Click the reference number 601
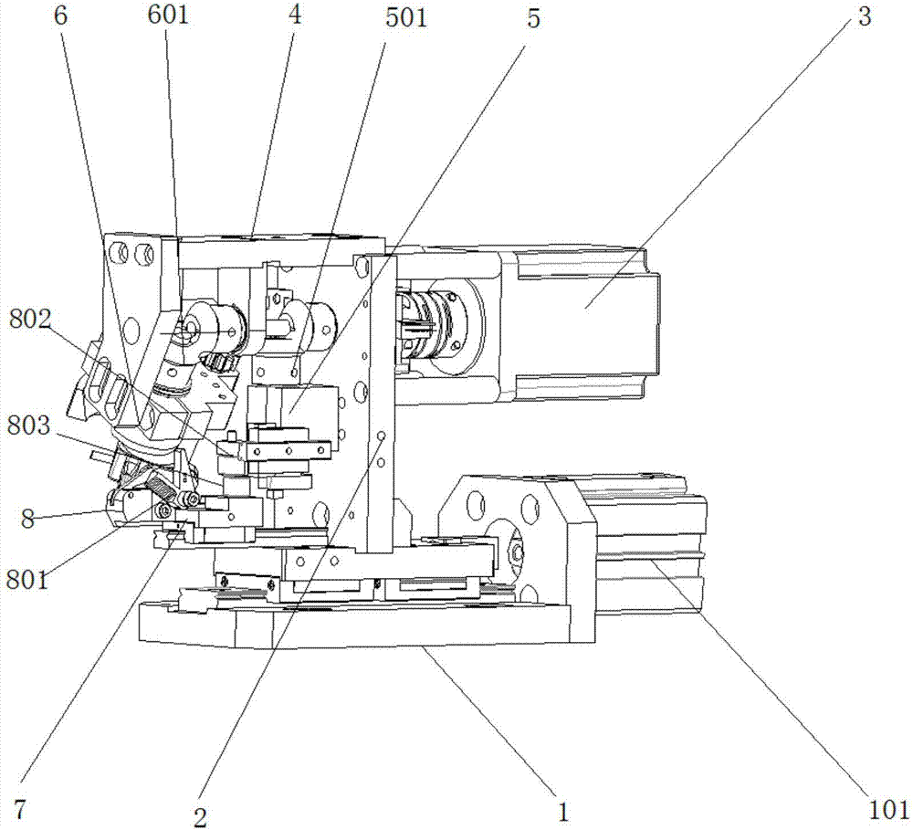pos(169,15)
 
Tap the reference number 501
pos(406,17)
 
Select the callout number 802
pos(30,320)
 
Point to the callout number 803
pos(29,426)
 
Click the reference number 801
pos(28,580)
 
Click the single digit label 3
pos(865,16)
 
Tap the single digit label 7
pos(20,808)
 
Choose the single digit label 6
pos(60,16)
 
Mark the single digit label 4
pos(296,16)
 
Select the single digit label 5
pos(533,18)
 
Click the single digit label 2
pos(200,818)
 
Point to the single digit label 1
pos(562,812)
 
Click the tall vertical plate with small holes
pos(382,402)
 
